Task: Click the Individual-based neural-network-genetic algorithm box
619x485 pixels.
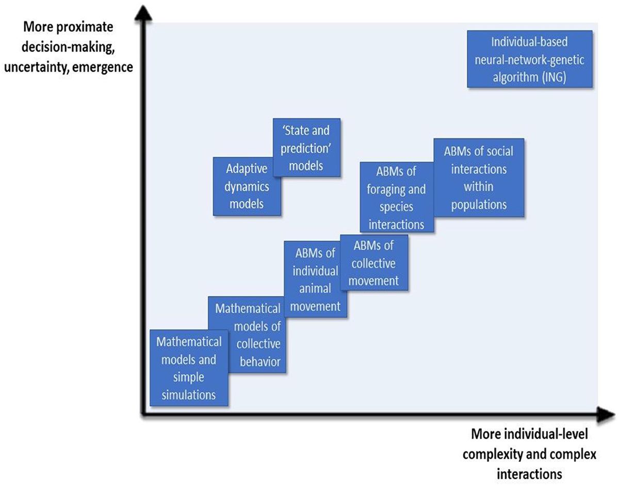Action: [530, 58]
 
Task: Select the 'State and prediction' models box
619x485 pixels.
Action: [306, 147]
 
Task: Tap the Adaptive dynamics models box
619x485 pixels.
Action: [247, 186]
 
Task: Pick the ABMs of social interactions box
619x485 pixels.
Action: [479, 177]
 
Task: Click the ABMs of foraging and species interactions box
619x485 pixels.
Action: [397, 197]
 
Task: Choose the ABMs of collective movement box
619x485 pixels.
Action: [374, 263]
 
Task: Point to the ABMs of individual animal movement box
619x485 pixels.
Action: [315, 280]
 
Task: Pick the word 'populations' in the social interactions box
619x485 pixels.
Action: [479, 205]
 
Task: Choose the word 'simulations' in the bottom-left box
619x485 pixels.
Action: [188, 396]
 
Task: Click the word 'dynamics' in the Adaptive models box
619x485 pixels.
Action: [247, 186]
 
